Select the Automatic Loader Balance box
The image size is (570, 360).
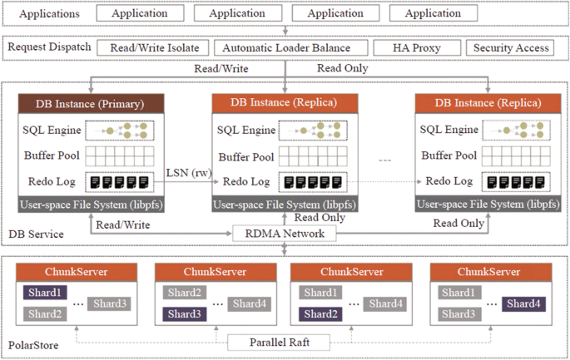pyautogui.click(x=288, y=48)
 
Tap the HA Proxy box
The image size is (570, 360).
pyautogui.click(x=414, y=48)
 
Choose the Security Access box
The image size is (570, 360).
pyautogui.click(x=511, y=48)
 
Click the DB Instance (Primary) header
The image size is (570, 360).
pyautogui.click(x=89, y=104)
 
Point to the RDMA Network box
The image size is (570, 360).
pyautogui.click(x=285, y=234)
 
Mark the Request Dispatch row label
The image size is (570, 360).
pyautogui.click(x=48, y=47)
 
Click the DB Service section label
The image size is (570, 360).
pyautogui.click(x=36, y=234)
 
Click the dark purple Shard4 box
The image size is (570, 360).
pyautogui.click(x=525, y=303)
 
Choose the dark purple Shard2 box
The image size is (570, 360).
pyautogui.click(x=320, y=314)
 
